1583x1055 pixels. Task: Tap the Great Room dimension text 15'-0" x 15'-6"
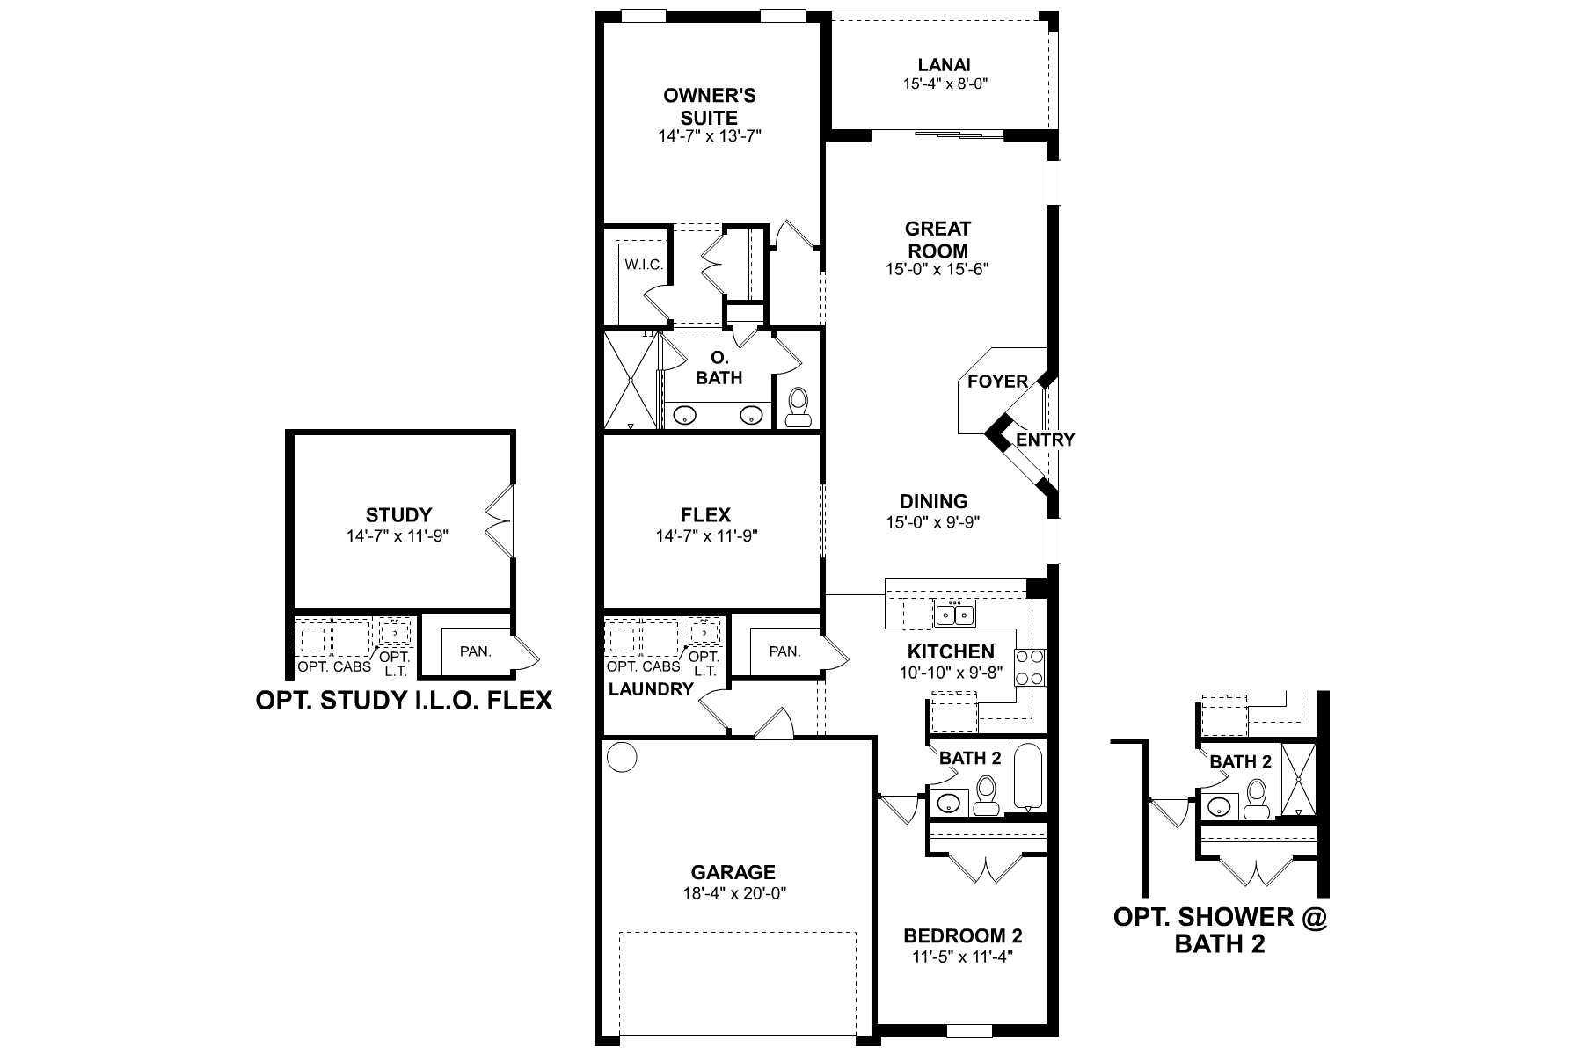[937, 269]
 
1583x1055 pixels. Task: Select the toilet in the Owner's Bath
[799, 408]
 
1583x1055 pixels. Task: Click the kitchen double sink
[954, 614]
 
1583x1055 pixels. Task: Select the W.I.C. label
[644, 265]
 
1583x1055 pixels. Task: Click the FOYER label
[997, 382]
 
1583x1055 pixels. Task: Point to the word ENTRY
[1045, 440]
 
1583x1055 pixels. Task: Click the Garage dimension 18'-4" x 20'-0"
[733, 893]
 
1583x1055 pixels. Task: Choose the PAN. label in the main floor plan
[784, 651]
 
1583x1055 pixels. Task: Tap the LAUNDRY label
[651, 689]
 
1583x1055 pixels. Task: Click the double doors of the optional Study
[500, 520]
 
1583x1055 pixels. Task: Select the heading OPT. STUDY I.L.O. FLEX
[404, 701]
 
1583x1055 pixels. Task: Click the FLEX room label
[705, 515]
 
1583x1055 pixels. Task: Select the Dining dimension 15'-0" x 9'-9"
[933, 522]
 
